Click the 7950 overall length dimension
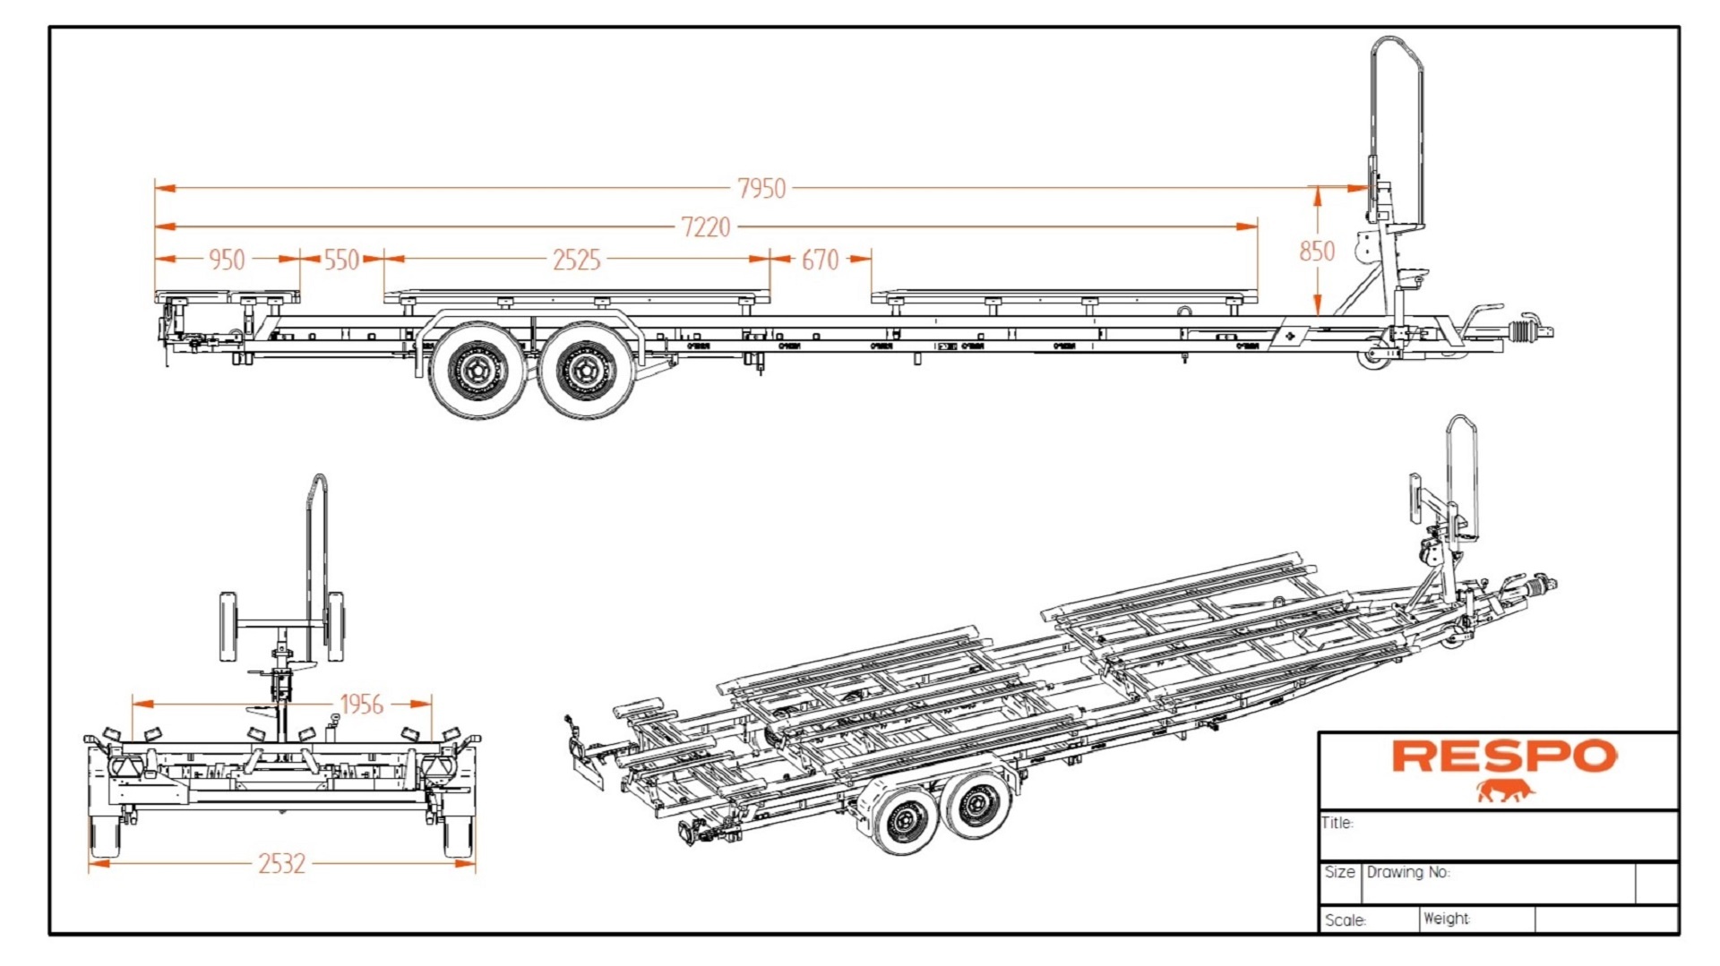click(761, 188)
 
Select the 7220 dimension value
click(706, 227)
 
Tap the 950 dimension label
click(226, 260)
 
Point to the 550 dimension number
click(341, 260)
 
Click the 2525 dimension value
click(576, 260)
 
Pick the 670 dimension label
click(820, 260)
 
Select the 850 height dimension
click(1316, 251)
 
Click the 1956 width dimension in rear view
click(361, 705)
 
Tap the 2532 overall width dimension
click(281, 863)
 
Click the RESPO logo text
click(1504, 757)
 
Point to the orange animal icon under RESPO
click(1505, 791)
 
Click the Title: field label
click(1337, 823)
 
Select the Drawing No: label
click(1407, 872)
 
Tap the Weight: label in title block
click(1446, 919)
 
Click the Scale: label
click(1345, 920)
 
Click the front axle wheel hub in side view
click(586, 369)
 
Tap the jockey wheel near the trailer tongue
click(1372, 353)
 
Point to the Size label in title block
click(1339, 872)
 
